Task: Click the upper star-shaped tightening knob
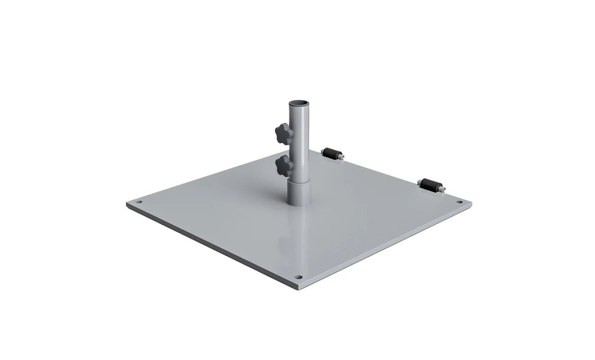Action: pos(284,133)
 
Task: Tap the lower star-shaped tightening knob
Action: pos(284,165)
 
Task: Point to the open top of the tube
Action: pos(300,103)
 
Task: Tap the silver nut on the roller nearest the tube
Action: pos(342,158)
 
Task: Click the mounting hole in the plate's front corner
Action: pos(298,277)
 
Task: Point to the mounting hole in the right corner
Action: pos(459,201)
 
